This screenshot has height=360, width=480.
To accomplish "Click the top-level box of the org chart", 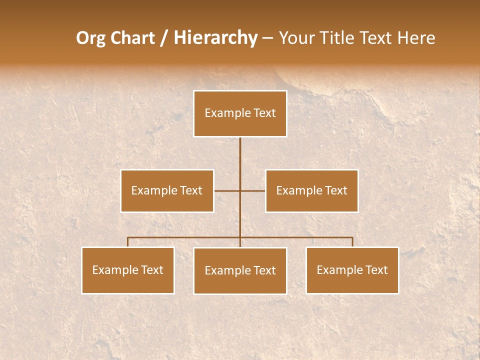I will tap(240, 113).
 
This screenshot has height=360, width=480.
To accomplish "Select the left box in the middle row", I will tap(167, 190).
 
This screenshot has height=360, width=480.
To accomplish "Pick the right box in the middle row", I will tap(311, 190).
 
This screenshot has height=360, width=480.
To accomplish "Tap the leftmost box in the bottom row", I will tap(128, 270).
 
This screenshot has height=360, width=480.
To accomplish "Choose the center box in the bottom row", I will tap(240, 270).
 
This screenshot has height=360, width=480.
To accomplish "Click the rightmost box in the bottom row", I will tap(352, 270).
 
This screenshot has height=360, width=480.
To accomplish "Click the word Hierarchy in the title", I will tap(215, 38).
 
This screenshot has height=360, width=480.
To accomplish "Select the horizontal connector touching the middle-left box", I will tap(226, 190).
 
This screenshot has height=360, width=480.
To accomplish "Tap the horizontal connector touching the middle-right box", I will tap(253, 190).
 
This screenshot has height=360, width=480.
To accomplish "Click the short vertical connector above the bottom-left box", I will tap(128, 242).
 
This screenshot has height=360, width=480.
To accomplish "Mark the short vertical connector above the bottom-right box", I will tap(352, 242).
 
